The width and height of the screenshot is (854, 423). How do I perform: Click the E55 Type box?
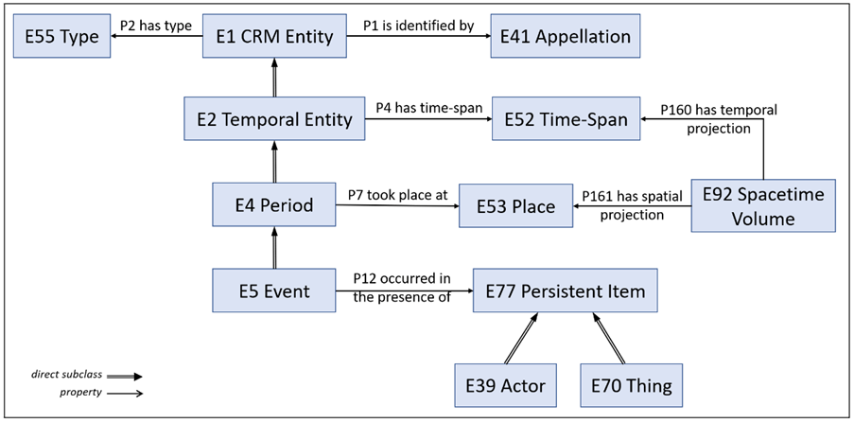pyautogui.click(x=61, y=37)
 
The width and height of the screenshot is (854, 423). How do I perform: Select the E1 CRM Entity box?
pyautogui.click(x=274, y=37)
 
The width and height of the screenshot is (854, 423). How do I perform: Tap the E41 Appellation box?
pyautogui.click(x=565, y=37)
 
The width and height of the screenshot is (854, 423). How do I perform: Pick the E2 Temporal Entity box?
pyautogui.click(x=275, y=119)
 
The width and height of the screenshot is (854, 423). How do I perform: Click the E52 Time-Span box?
pyautogui.click(x=566, y=119)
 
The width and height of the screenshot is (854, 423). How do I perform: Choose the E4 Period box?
pyautogui.click(x=274, y=205)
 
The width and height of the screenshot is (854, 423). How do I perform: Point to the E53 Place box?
pyautogui.click(x=515, y=206)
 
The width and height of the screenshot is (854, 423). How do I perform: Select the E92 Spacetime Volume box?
pyautogui.click(x=763, y=206)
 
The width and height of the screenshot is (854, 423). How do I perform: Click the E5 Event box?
pyautogui.click(x=274, y=291)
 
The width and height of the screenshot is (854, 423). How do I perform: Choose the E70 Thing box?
pyautogui.click(x=631, y=385)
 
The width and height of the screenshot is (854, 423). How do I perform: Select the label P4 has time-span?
pyautogui.click(x=429, y=108)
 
